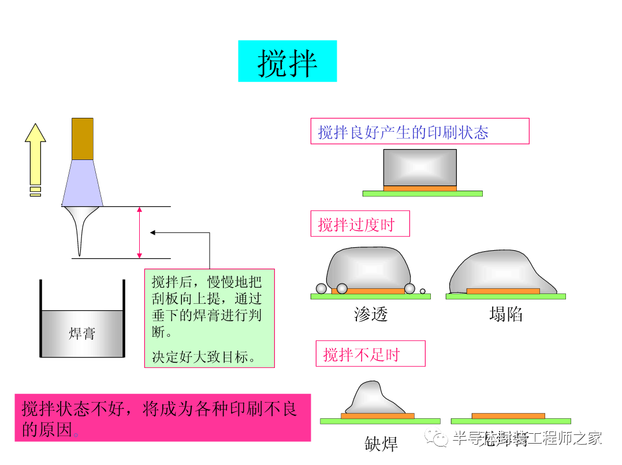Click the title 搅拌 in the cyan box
click(x=287, y=62)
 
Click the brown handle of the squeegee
click(x=83, y=139)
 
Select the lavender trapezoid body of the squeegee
click(x=83, y=183)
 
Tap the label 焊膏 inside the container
click(x=82, y=333)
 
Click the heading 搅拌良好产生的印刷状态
click(x=403, y=132)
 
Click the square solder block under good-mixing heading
click(x=420, y=168)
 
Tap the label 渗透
click(x=371, y=314)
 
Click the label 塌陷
click(x=506, y=314)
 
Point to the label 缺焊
click(x=381, y=444)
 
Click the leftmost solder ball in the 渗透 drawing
click(x=321, y=288)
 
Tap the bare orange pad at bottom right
click(x=508, y=416)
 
